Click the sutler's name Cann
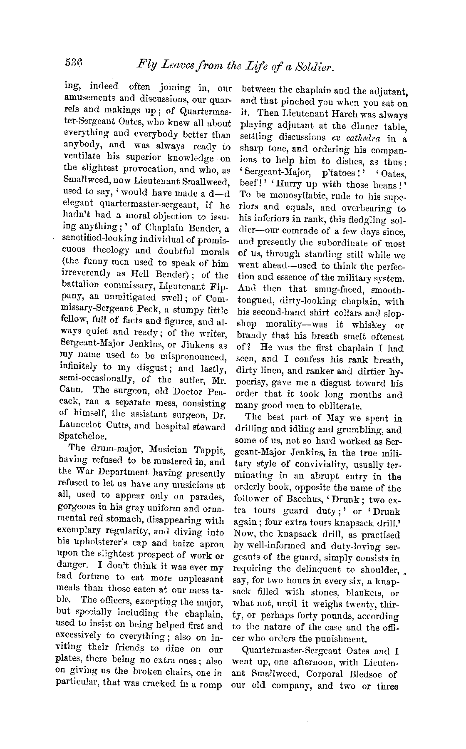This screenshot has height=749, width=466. click(68, 390)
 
